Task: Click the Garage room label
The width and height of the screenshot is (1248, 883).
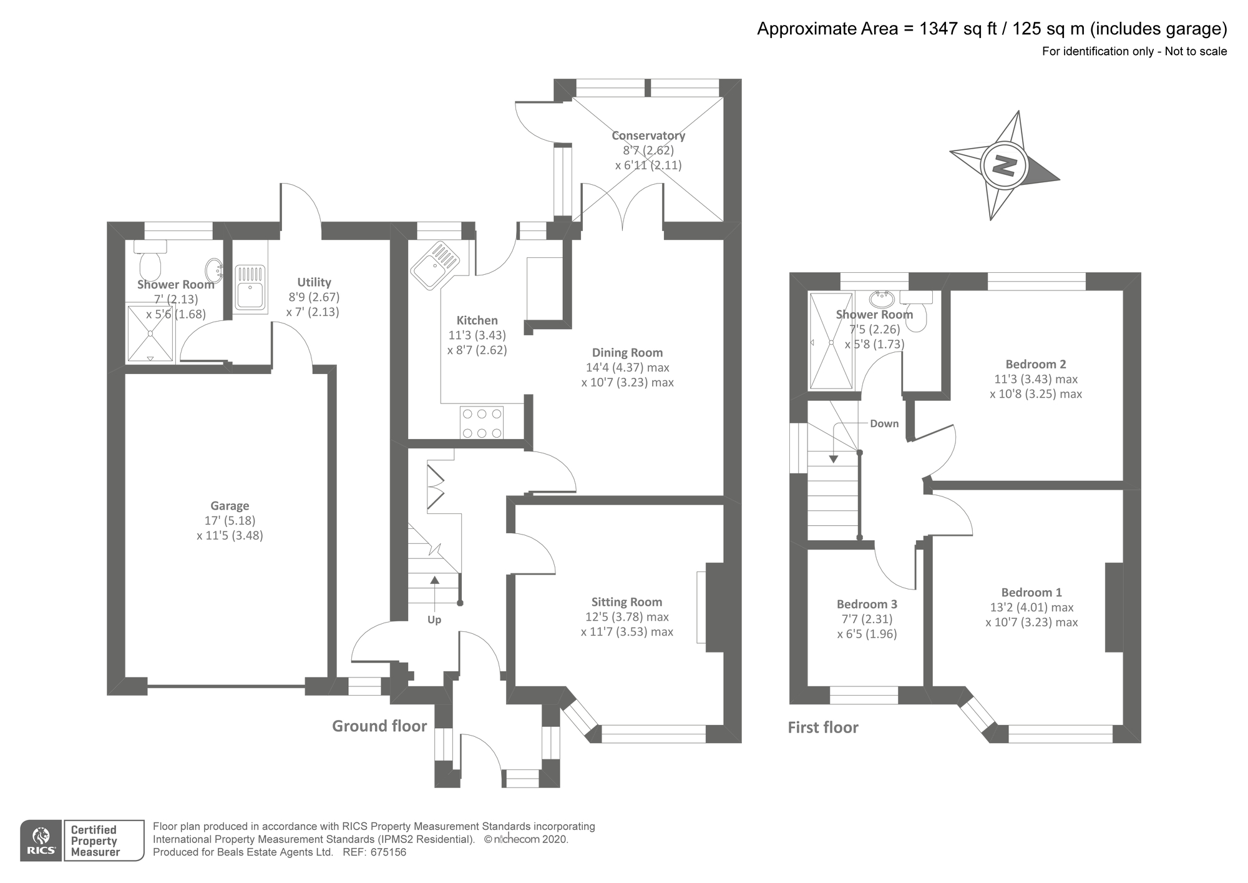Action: (230, 506)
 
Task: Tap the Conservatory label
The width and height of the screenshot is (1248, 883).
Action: (648, 136)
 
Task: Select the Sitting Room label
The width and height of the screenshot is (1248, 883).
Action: (626, 602)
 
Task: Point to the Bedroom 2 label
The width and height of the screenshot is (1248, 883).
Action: (1036, 364)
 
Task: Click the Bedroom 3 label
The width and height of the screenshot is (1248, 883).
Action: (867, 604)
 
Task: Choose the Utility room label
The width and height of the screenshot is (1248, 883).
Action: (314, 282)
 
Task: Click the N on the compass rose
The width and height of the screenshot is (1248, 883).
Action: (1004, 166)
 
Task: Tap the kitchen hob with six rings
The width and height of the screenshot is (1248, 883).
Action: (482, 423)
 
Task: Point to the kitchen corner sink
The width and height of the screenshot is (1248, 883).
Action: (435, 265)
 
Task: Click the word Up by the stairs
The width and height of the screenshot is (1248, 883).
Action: (434, 619)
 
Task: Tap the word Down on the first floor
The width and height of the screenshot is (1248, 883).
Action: (884, 423)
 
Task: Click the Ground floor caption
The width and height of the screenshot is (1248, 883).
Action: (379, 726)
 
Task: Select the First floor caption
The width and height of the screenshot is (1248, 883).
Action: (823, 728)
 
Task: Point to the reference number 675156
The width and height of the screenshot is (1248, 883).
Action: (388, 852)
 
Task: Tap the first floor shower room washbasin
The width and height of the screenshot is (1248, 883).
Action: (881, 298)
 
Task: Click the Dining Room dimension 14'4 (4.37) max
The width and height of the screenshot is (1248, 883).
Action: (627, 367)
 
